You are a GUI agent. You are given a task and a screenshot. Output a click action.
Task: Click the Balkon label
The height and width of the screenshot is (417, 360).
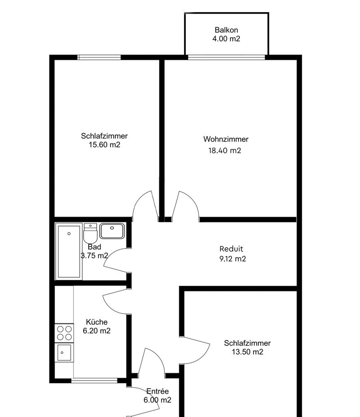pyautogui.click(x=226, y=30)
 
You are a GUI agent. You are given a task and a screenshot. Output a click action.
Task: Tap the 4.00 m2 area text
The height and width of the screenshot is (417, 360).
pyautogui.click(x=226, y=39)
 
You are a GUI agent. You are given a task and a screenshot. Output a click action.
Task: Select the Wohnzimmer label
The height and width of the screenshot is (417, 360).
pyautogui.click(x=226, y=139)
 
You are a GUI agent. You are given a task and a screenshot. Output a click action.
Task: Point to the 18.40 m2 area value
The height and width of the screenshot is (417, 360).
pyautogui.click(x=225, y=150)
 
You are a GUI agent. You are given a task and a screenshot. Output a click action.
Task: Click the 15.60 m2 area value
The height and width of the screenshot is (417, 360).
pyautogui.click(x=104, y=145)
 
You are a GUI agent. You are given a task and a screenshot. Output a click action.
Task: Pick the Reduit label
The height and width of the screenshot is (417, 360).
pyautogui.click(x=231, y=249)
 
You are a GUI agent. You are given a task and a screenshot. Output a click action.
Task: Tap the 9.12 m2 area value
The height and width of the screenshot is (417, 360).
pyautogui.click(x=233, y=259)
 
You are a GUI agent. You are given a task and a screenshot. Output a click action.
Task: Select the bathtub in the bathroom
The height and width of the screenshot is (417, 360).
pyautogui.click(x=69, y=252)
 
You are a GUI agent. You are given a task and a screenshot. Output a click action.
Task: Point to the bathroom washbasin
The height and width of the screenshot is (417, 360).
pyautogui.click(x=112, y=231)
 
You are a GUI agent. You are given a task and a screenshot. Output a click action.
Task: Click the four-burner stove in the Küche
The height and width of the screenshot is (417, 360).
pyautogui.click(x=64, y=333)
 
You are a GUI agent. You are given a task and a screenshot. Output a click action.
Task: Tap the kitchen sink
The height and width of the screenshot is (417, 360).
pyautogui.click(x=64, y=353)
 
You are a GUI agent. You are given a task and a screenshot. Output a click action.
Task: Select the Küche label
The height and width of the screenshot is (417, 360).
pyautogui.click(x=97, y=322)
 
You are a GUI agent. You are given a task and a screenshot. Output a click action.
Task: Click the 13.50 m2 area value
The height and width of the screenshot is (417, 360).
pyautogui.click(x=247, y=352)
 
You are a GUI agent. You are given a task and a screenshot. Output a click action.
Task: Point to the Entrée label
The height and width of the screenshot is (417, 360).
pyautogui.click(x=157, y=391)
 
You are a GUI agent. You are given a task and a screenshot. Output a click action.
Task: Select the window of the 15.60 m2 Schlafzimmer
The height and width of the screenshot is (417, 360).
pyautogui.click(x=99, y=57)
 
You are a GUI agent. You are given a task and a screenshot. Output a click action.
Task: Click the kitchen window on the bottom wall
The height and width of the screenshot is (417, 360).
pyautogui.click(x=94, y=381)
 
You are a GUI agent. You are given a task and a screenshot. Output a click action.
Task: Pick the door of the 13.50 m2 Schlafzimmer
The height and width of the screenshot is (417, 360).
pyautogui.click(x=196, y=350)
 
